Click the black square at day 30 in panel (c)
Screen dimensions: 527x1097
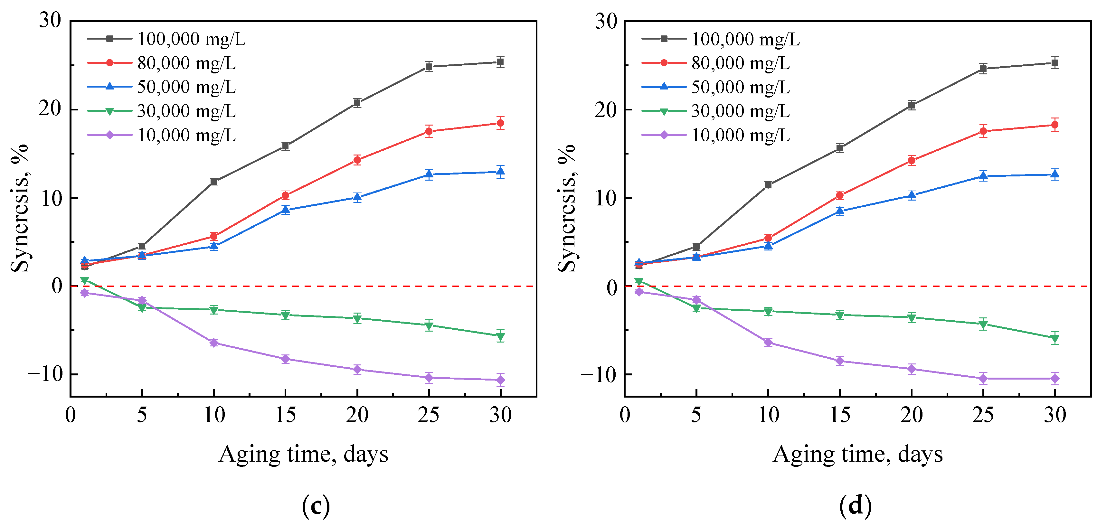500,62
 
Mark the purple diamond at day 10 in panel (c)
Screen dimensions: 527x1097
214,343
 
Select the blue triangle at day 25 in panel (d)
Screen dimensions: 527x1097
983,175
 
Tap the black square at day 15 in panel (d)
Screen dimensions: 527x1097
840,148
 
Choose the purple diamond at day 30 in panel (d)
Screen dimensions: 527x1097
1054,379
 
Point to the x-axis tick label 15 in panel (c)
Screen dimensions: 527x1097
285,415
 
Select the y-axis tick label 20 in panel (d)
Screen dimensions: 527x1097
606,110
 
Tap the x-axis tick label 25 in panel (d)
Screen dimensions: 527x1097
983,415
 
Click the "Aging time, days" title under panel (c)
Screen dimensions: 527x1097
303,454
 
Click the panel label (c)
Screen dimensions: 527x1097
316,506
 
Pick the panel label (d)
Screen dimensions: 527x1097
856,506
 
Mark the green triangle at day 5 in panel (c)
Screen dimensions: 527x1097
142,308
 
